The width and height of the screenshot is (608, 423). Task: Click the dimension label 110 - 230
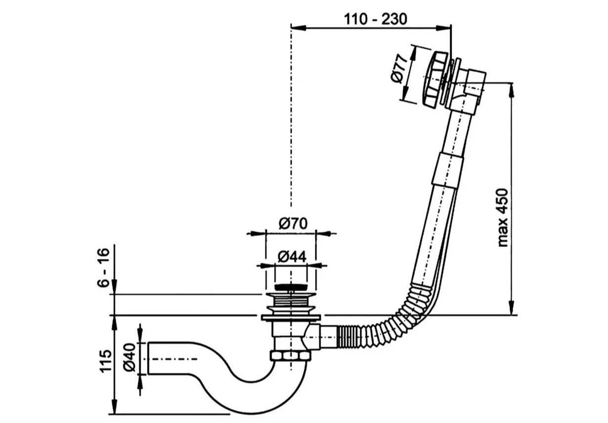click(x=375, y=19)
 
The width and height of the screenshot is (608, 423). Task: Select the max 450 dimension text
click(x=502, y=218)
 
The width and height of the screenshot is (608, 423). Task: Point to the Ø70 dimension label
click(x=293, y=224)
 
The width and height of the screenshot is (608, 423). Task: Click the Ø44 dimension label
click(x=292, y=257)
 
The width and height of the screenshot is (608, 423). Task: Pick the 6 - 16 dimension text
click(x=103, y=268)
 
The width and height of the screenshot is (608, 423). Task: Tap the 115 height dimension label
click(x=106, y=361)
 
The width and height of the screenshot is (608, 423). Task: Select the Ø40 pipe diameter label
click(x=129, y=357)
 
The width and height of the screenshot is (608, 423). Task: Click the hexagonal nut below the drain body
click(x=291, y=355)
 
